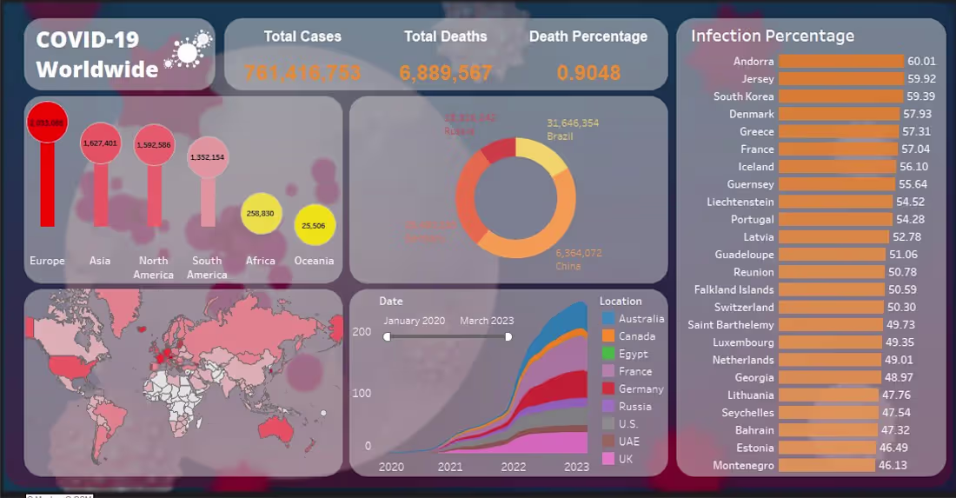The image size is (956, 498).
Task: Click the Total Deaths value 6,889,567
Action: pyautogui.click(x=446, y=73)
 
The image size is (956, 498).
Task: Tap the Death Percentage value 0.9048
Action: pyautogui.click(x=588, y=73)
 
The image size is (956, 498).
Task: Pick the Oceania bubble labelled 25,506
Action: pyautogui.click(x=315, y=225)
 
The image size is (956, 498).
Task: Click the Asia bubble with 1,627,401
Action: pyautogui.click(x=100, y=143)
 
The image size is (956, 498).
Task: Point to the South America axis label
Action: pyautogui.click(x=207, y=268)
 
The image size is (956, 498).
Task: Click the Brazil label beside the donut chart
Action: pyautogui.click(x=561, y=137)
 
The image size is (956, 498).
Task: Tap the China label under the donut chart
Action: pyautogui.click(x=568, y=266)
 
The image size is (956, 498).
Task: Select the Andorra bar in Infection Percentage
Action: pyautogui.click(x=840, y=61)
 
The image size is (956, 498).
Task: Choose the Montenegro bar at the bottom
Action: pyautogui.click(x=826, y=465)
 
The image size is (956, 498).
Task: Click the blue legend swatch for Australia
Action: pyautogui.click(x=607, y=319)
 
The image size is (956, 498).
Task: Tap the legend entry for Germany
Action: pyautogui.click(x=641, y=388)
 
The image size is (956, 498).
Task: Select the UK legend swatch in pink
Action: pyautogui.click(x=607, y=459)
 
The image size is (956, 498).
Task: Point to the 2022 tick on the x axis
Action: pyautogui.click(x=514, y=467)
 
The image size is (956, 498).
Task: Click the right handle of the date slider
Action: pyautogui.click(x=508, y=336)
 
